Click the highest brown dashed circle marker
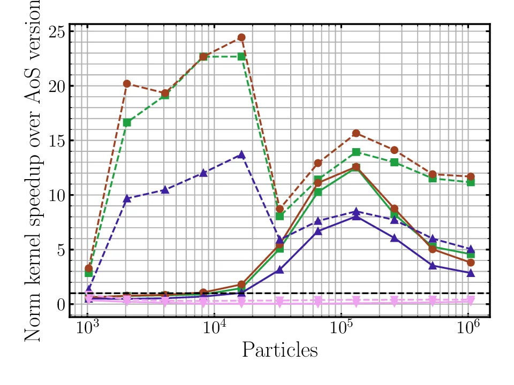coord(241,37)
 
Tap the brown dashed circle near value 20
coord(127,83)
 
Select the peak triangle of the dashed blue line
coord(241,155)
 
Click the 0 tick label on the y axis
coord(60,304)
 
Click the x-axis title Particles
coord(279,350)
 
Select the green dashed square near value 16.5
coord(127,122)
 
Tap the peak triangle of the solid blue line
coord(356,217)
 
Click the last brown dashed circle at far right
coord(471,176)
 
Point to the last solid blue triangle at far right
coord(471,273)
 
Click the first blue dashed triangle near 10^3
coord(89,289)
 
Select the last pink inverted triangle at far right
coord(471,301)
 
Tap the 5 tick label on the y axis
coord(60,250)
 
